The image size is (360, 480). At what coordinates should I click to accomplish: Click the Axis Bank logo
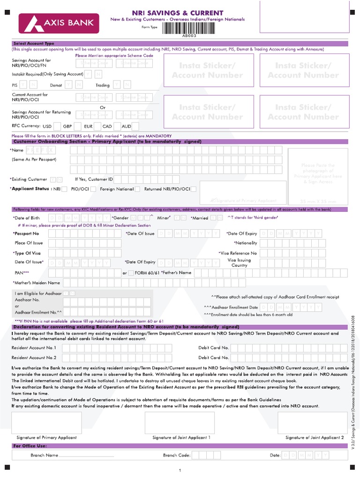[59, 22]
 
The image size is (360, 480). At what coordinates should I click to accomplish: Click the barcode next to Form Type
[187, 28]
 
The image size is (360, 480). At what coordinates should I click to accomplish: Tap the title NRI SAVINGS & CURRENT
[186, 13]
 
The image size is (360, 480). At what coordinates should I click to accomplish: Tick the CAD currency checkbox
[117, 126]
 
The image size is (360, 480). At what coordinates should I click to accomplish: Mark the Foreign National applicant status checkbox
[137, 189]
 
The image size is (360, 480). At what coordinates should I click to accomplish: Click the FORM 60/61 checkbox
[131, 273]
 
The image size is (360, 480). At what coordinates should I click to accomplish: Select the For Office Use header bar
[30, 446]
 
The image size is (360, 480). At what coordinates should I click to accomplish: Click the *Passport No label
[26, 233]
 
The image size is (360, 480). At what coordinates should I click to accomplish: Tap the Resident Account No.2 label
[34, 358]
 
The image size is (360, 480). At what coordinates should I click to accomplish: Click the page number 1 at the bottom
[180, 470]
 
